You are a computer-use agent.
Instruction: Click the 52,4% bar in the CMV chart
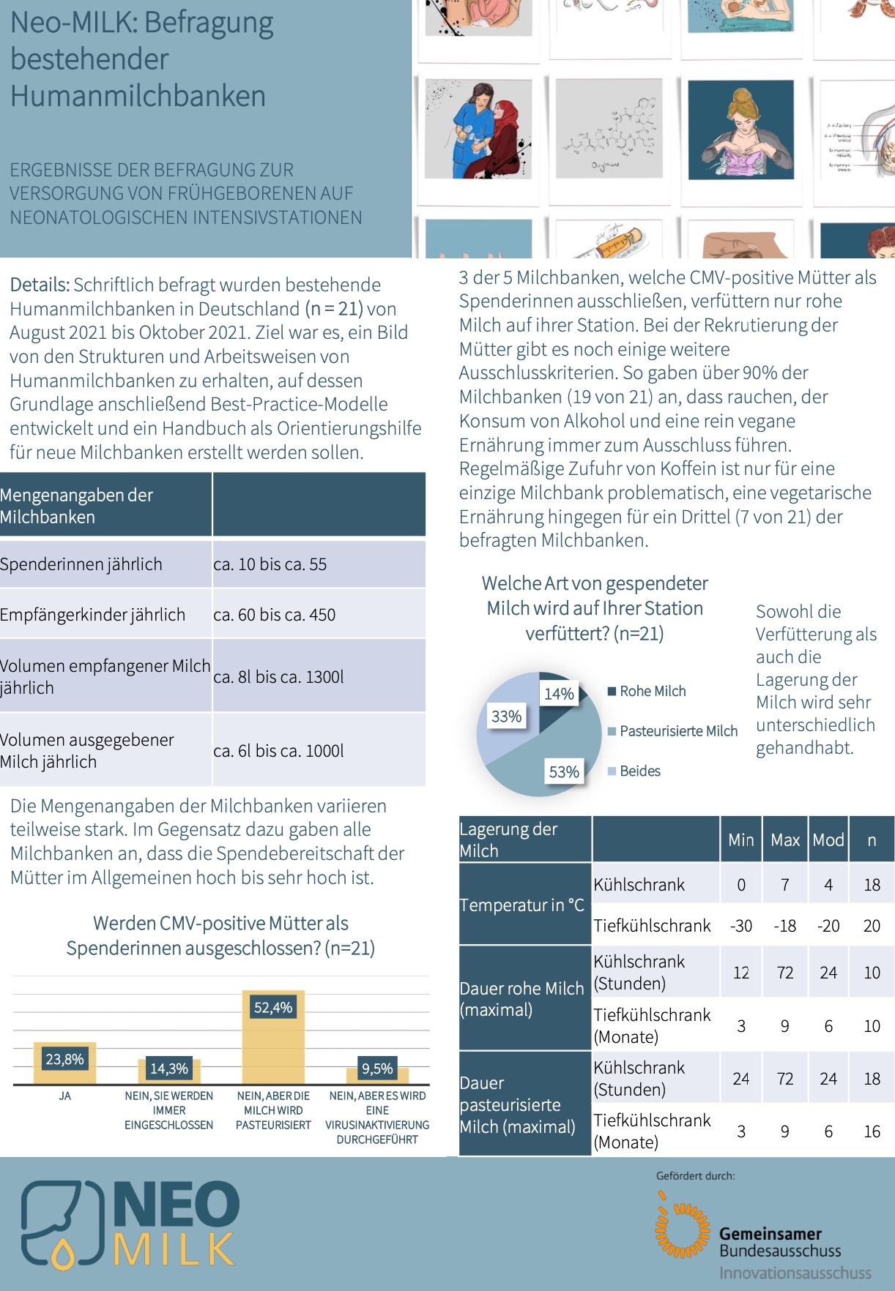(273, 1039)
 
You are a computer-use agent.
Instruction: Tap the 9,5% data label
(377, 1069)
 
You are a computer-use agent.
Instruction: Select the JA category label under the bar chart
(65, 1096)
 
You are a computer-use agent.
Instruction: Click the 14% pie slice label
(559, 694)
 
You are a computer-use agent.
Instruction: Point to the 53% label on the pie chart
(564, 771)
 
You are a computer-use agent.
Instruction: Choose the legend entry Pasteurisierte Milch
(677, 731)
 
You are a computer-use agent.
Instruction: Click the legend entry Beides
(639, 771)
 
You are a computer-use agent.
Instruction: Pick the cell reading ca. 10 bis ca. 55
(270, 564)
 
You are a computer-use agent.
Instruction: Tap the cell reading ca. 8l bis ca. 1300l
(278, 677)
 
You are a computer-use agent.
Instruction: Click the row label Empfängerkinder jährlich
(93, 615)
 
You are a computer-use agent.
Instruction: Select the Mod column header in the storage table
(828, 840)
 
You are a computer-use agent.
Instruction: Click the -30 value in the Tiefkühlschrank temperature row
(741, 926)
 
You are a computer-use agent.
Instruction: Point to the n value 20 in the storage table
(872, 926)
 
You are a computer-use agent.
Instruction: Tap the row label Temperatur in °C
(521, 905)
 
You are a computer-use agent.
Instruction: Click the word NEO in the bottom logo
(177, 1205)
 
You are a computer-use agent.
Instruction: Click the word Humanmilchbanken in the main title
(138, 97)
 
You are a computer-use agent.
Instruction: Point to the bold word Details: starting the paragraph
(40, 285)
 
